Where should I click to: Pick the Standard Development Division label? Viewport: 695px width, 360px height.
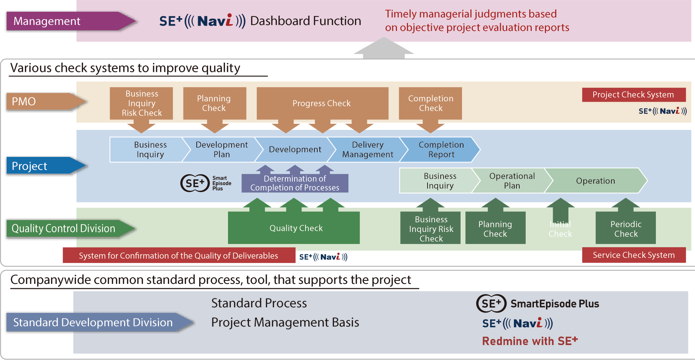tap(93, 322)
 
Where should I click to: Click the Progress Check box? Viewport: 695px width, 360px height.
tap(322, 103)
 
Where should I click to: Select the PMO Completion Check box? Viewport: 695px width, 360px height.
tap(430, 103)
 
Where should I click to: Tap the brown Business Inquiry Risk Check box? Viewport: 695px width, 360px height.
tap(142, 103)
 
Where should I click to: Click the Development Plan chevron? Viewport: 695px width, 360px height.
tap(222, 149)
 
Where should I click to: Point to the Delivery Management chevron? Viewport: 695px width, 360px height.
tap(367, 149)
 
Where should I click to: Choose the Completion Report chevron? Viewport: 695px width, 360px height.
tap(441, 149)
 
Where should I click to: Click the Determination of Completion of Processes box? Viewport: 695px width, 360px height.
tap(295, 183)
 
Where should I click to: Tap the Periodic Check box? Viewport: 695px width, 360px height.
tap(626, 229)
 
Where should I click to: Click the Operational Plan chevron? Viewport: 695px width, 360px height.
tap(512, 181)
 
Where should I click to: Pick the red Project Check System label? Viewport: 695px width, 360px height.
tap(633, 95)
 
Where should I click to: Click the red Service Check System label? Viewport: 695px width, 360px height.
tap(633, 255)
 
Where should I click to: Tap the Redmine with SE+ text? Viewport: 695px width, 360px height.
tap(530, 341)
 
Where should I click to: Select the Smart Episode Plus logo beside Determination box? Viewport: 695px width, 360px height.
tap(206, 183)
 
